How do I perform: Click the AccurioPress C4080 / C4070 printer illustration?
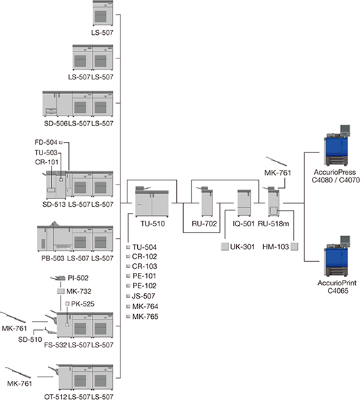click(337, 146)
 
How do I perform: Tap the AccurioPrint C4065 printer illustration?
click(337, 256)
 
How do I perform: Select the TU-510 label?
click(152, 223)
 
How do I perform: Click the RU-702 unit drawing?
click(206, 201)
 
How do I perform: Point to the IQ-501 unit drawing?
click(244, 203)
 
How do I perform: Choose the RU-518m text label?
click(273, 223)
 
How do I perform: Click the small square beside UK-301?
click(225, 246)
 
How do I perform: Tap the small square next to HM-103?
click(295, 246)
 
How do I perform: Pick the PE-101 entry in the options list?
click(144, 276)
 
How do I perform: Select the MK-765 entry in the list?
click(146, 317)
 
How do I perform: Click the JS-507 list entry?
click(143, 296)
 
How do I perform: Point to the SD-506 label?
click(56, 123)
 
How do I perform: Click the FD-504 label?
click(46, 142)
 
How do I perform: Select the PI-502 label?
click(78, 278)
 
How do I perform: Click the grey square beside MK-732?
click(61, 291)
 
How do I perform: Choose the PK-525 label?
click(83, 304)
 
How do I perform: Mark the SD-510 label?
click(30, 339)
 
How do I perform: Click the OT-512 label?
click(56, 397)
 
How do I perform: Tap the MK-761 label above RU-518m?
click(278, 173)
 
